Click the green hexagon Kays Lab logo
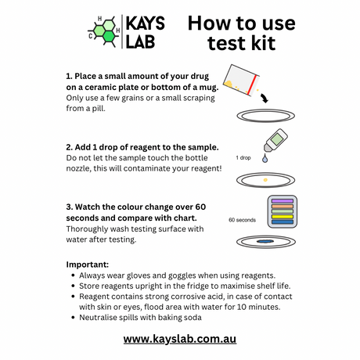click(104, 31)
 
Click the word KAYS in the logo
click(146, 23)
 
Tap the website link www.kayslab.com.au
click(180, 339)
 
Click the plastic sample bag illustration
click(241, 80)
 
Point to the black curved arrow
click(265, 98)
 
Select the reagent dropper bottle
click(275, 140)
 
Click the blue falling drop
click(265, 158)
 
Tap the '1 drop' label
click(243, 158)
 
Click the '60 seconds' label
click(242, 220)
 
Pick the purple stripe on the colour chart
click(283, 201)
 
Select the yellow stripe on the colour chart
click(283, 217)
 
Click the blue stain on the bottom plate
click(265, 241)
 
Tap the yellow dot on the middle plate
click(265, 180)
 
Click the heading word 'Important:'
click(88, 265)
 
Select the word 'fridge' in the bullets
click(196, 286)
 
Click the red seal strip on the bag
click(253, 85)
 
